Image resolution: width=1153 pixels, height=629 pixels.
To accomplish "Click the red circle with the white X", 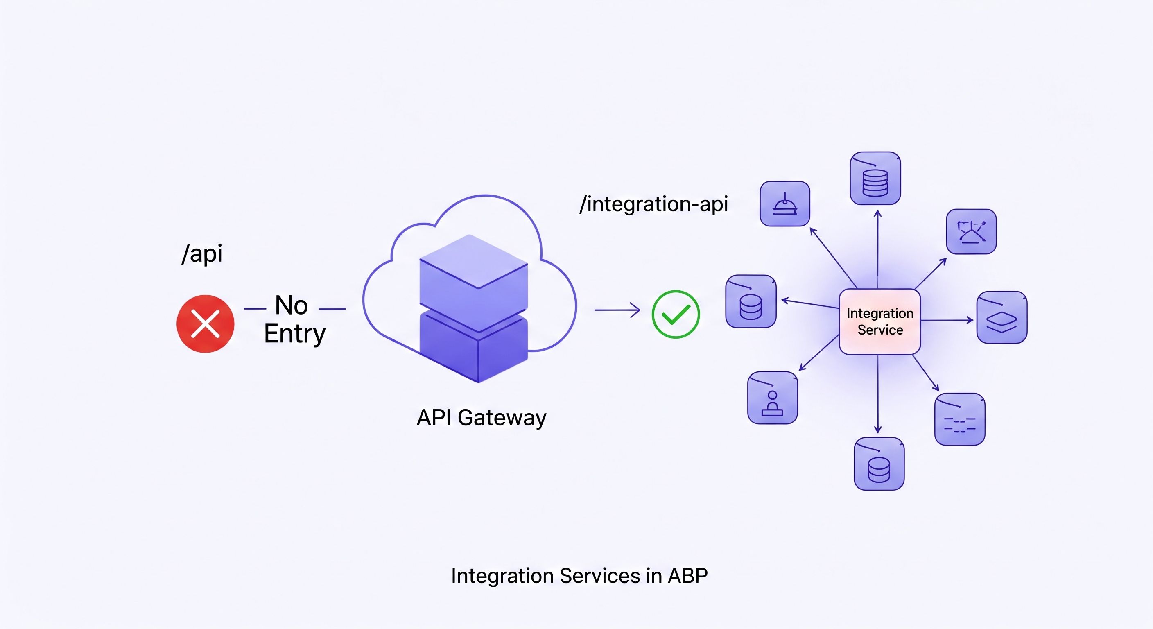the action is (x=206, y=324).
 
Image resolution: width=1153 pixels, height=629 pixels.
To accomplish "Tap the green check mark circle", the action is (x=676, y=314).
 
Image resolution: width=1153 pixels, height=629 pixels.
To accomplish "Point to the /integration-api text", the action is (x=654, y=204).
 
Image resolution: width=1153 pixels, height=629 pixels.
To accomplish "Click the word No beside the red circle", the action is (x=292, y=305).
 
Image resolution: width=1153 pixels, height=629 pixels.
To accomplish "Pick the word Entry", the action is (x=294, y=334).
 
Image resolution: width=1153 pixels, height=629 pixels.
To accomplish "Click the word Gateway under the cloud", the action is (x=502, y=418).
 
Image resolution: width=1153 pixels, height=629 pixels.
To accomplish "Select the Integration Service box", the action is (x=879, y=321).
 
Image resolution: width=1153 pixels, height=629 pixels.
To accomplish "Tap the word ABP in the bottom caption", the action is (x=687, y=576).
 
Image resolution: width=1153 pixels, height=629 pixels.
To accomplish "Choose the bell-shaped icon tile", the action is (x=784, y=204).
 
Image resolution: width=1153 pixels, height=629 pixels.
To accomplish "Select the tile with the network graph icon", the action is (x=971, y=231).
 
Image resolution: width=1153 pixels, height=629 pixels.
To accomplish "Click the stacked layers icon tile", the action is (x=1002, y=317).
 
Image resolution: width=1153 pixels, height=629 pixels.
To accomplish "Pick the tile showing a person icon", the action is (x=773, y=398).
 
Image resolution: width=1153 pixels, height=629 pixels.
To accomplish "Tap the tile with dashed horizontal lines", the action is (x=960, y=419).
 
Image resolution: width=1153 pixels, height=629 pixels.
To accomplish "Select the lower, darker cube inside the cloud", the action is (x=474, y=349).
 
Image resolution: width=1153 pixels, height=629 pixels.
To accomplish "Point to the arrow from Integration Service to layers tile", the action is (x=947, y=320).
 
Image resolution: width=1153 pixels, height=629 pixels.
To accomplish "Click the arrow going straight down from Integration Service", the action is (x=878, y=394).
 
